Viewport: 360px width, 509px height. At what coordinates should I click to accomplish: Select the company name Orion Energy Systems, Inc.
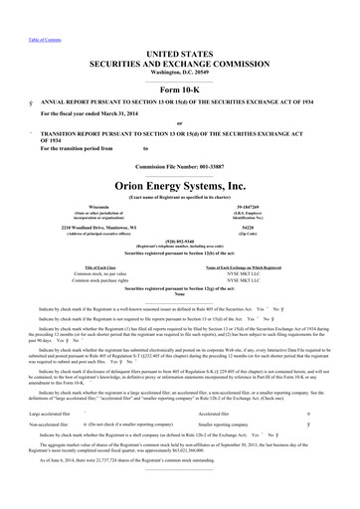pos(179,183)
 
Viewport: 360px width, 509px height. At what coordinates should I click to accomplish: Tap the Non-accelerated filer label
pos(32,423)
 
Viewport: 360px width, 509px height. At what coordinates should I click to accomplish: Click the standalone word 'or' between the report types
pos(179,123)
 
